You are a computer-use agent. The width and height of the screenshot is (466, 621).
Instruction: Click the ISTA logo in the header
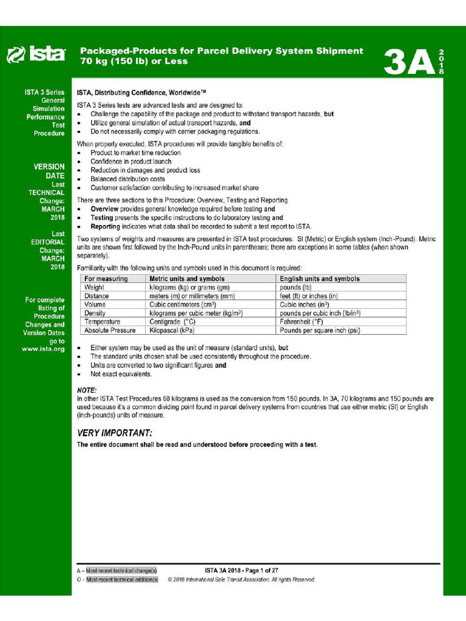tap(36, 55)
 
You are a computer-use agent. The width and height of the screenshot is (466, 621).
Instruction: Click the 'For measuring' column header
tap(106, 279)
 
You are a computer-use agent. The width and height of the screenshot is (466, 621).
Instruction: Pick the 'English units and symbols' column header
tap(320, 279)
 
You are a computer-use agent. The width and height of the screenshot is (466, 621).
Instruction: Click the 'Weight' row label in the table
tap(94, 287)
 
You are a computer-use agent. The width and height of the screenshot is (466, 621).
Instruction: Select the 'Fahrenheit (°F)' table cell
tap(302, 321)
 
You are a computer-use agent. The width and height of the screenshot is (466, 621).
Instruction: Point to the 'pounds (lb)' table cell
tap(295, 287)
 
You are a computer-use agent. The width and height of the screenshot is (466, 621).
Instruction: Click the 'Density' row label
tap(95, 313)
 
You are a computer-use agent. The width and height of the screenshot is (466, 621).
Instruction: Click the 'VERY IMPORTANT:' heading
tap(115, 433)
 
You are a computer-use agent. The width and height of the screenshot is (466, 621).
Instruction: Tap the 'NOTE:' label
tap(87, 390)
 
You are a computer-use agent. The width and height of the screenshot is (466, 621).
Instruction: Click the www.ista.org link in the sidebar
tap(43, 350)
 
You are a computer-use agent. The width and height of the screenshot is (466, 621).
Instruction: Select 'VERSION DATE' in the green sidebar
tap(49, 171)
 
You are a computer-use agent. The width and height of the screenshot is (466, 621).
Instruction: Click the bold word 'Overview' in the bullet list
tap(105, 209)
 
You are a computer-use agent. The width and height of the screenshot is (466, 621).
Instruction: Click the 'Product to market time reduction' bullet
tap(135, 153)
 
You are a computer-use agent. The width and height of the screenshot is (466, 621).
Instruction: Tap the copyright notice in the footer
tap(241, 580)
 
